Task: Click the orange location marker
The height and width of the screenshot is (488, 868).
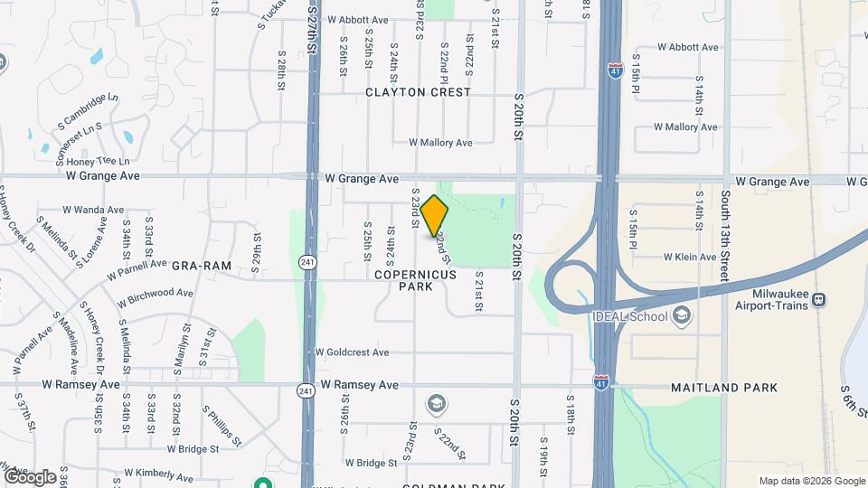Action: click(x=435, y=216)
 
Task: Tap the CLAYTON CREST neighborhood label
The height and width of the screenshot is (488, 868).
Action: click(x=418, y=92)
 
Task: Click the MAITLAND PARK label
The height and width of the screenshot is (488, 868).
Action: click(x=724, y=388)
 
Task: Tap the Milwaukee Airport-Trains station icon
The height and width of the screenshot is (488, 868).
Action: click(x=818, y=300)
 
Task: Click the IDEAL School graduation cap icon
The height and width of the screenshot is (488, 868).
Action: click(x=681, y=316)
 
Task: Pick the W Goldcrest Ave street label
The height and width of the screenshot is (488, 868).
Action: click(x=352, y=352)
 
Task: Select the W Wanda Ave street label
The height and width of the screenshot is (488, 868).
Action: click(x=93, y=210)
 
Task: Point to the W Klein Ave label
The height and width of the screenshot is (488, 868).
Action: click(x=690, y=257)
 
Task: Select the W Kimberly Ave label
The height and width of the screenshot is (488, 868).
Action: click(x=159, y=472)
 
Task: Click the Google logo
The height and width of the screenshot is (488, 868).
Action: click(x=29, y=476)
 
